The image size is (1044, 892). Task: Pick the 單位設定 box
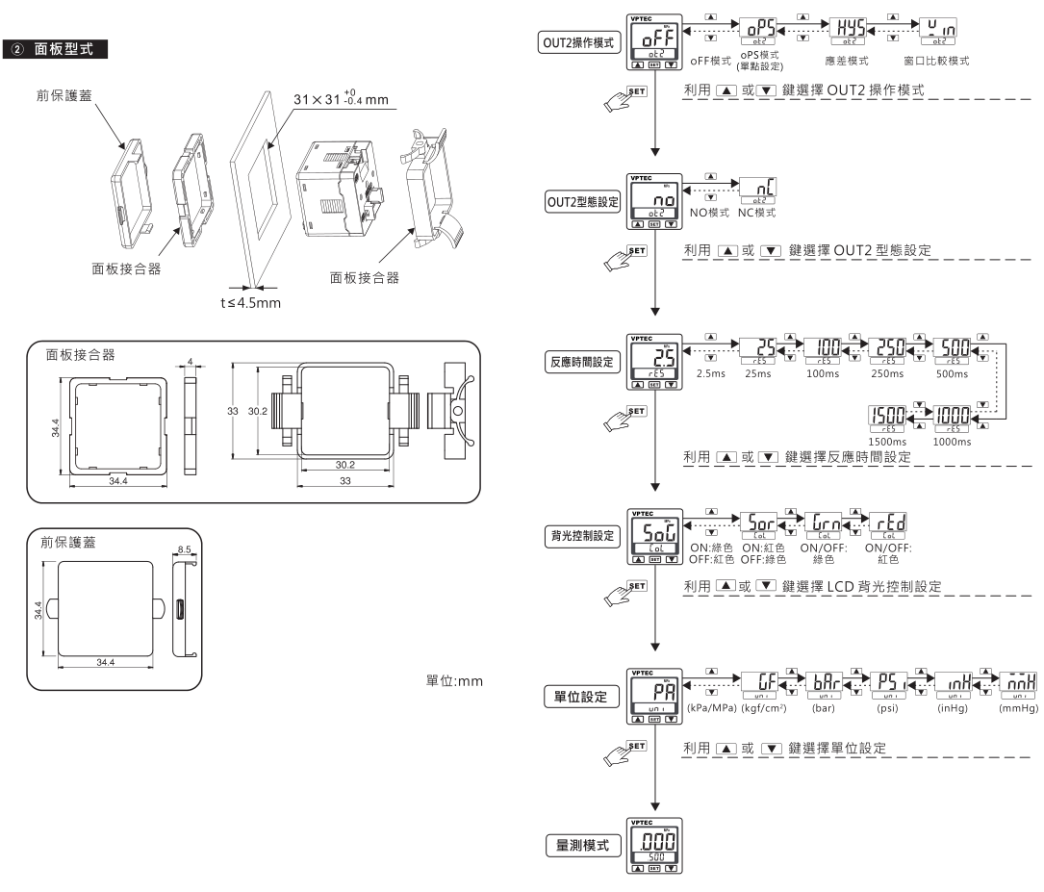pos(580,696)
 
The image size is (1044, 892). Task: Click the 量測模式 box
pos(580,844)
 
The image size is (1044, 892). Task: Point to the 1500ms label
pos(887,441)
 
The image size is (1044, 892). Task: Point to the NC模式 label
pos(756,212)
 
